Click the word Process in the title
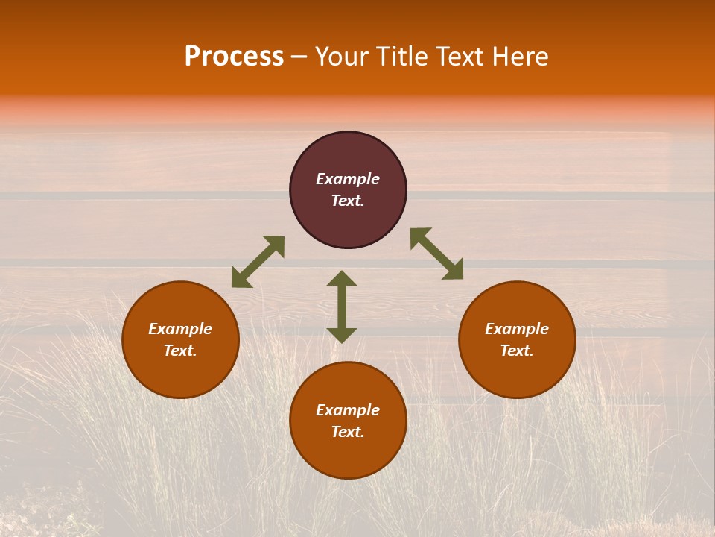(234, 57)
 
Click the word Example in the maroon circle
(348, 179)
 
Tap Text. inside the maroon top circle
(348, 201)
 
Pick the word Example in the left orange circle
(180, 329)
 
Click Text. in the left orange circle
(180, 351)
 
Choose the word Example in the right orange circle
(517, 329)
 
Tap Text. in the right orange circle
(517, 351)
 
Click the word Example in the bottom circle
(348, 410)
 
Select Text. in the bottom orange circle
(348, 432)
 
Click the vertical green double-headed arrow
(342, 307)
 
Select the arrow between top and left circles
(258, 262)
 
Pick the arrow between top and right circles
(436, 254)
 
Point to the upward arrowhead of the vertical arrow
(342, 278)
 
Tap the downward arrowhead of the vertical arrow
(342, 335)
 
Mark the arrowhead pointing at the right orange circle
(454, 270)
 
